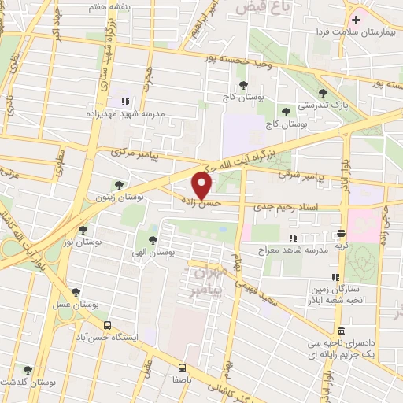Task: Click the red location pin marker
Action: [x=202, y=185]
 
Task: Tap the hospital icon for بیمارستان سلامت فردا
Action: [x=356, y=20]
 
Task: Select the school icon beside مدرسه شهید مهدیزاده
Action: [x=124, y=101]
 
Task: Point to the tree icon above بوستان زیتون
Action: [x=119, y=185]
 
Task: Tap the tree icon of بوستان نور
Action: [x=83, y=230]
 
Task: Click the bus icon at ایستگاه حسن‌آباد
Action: [x=108, y=325]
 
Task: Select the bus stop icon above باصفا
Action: [x=182, y=367]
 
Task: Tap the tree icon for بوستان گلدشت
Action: [x=28, y=370]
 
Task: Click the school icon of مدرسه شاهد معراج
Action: [x=293, y=238]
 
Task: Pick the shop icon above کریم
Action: [x=340, y=233]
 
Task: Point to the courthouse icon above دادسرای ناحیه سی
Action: [x=340, y=331]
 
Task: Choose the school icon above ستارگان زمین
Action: [x=335, y=277]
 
